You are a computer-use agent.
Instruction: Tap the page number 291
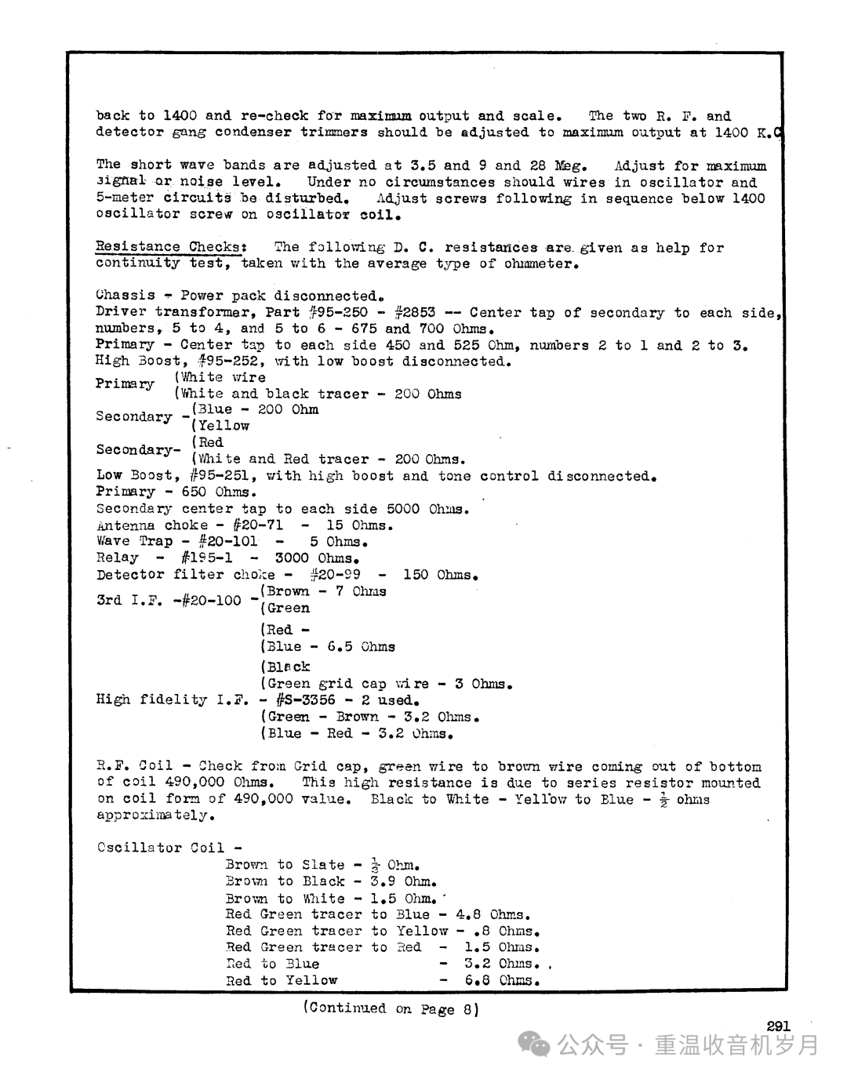point(778,1026)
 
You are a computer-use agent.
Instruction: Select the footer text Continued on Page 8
point(391,1008)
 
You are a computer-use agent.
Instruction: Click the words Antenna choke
point(152,525)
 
